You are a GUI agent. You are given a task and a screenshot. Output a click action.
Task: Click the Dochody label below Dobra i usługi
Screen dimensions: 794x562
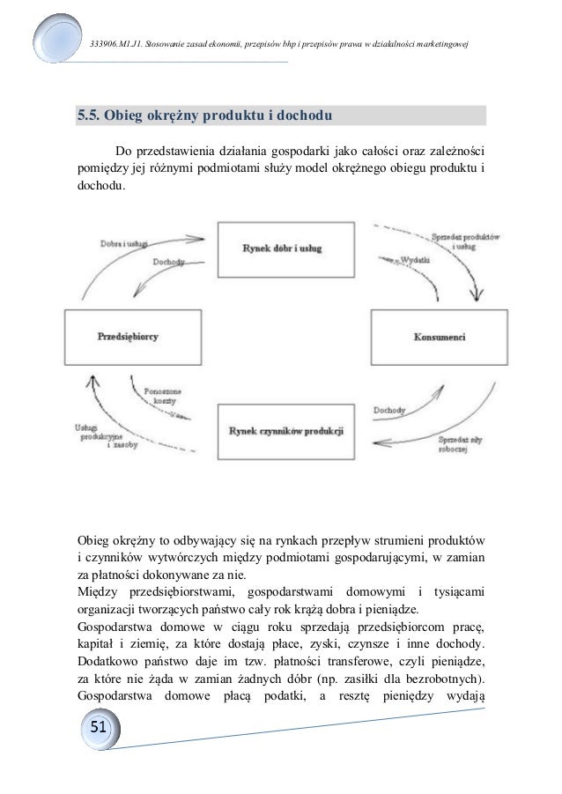(168, 261)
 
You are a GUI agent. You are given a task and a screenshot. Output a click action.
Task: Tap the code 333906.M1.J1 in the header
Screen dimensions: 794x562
(117, 44)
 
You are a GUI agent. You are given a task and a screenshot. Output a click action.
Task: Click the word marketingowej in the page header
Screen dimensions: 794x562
(441, 44)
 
